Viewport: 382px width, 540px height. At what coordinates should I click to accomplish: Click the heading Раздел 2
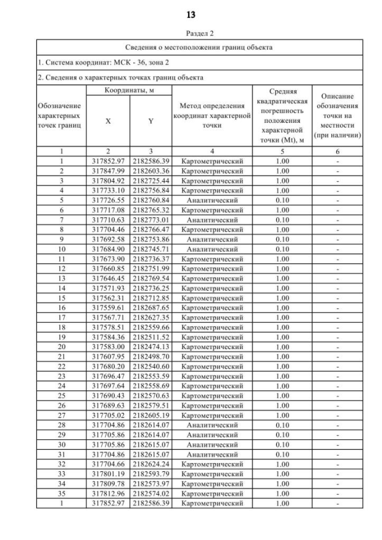191,34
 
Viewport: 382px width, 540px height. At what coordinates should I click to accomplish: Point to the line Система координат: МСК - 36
95,63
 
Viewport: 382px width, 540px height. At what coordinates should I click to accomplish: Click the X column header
108,121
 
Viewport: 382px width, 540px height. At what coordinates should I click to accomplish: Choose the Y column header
150,121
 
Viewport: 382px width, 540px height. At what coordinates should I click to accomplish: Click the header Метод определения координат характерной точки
212,116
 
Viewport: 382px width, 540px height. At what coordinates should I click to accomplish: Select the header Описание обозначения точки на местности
338,116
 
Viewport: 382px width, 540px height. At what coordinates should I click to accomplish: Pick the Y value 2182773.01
150,219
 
